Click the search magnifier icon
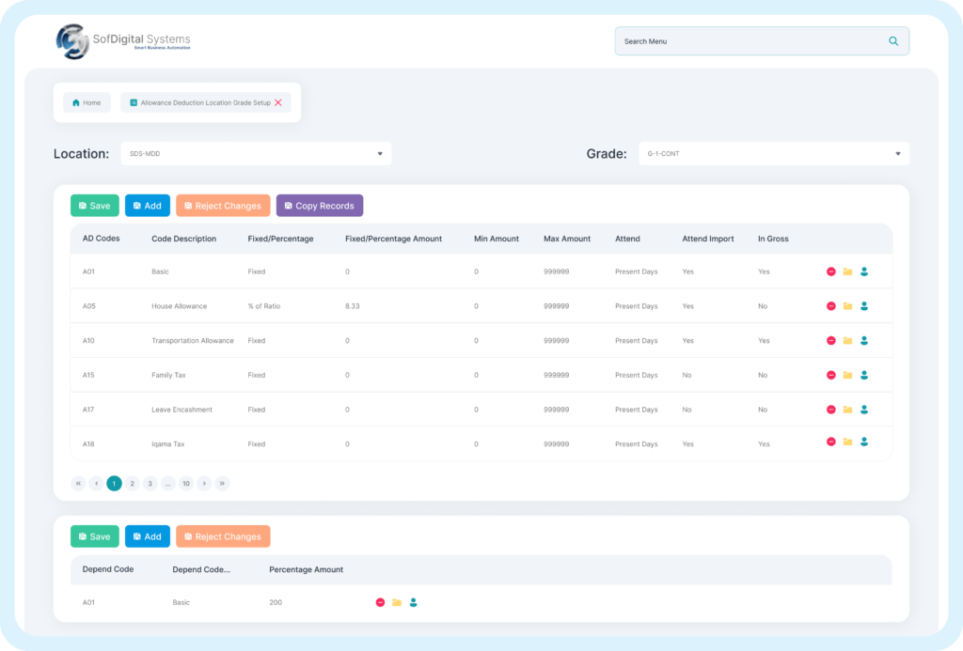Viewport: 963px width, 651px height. click(892, 41)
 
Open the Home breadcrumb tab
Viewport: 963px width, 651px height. click(87, 102)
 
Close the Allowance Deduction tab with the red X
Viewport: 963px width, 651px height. click(278, 102)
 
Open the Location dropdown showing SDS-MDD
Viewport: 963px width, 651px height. click(256, 153)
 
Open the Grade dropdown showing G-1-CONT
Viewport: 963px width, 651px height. click(773, 153)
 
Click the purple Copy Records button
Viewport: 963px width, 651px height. click(319, 206)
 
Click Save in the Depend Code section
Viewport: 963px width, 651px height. click(94, 536)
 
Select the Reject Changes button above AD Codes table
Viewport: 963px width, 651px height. click(223, 206)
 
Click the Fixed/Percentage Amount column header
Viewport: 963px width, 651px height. click(393, 239)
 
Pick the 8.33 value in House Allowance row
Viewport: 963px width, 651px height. click(354, 306)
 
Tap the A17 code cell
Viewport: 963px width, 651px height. click(89, 410)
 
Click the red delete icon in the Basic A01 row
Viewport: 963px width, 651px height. click(830, 271)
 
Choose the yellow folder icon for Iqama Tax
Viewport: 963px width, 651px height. click(847, 442)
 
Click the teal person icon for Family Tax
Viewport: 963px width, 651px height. click(864, 375)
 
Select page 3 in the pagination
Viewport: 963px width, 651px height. click(150, 484)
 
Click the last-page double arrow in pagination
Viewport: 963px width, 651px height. click(222, 484)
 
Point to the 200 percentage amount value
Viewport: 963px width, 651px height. click(276, 602)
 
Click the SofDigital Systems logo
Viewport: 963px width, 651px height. click(123, 41)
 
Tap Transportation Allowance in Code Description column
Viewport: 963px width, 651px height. click(192, 341)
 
